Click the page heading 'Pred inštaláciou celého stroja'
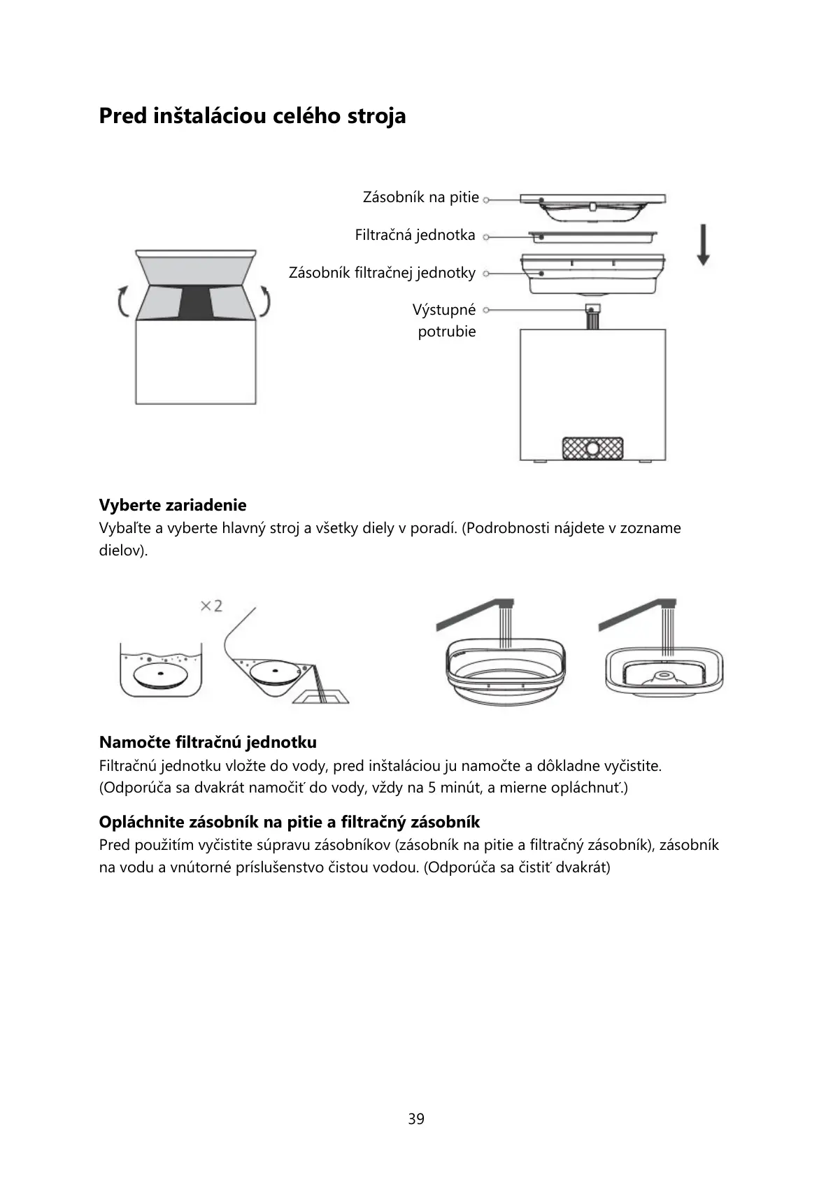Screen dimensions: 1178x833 click(x=252, y=115)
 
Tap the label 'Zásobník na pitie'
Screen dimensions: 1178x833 click(x=420, y=197)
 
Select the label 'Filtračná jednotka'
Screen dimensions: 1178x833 click(x=415, y=235)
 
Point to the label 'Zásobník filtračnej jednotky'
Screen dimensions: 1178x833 click(x=382, y=273)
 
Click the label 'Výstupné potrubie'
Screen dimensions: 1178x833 click(x=446, y=320)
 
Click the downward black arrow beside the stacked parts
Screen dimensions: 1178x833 click(x=703, y=244)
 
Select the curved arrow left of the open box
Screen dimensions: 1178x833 click(x=122, y=303)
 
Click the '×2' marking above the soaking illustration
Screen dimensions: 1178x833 click(x=211, y=606)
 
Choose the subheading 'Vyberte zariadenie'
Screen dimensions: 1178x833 click(x=173, y=505)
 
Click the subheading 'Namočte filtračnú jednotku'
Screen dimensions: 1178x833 click(x=208, y=742)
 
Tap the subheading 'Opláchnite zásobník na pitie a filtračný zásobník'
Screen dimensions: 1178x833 click(x=290, y=822)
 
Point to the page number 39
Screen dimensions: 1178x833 click(x=416, y=1119)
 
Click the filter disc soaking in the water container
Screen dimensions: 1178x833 click(x=160, y=674)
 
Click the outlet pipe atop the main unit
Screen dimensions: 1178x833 click(x=593, y=317)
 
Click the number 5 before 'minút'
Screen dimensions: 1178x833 click(x=432, y=788)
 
